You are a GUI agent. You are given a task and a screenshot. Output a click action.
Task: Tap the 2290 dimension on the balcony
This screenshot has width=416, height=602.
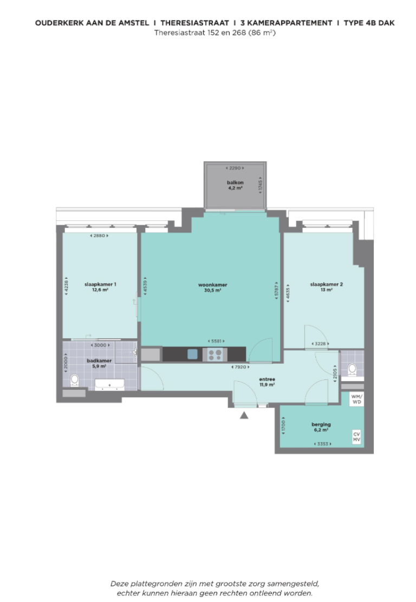(235, 168)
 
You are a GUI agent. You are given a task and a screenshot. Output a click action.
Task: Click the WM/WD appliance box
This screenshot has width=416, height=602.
(356, 400)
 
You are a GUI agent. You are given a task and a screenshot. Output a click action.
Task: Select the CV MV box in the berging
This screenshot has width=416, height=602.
(356, 437)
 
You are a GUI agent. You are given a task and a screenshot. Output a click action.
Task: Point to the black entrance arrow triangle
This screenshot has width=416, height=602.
(244, 416)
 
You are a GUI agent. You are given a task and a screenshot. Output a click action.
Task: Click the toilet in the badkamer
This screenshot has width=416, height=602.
(75, 380)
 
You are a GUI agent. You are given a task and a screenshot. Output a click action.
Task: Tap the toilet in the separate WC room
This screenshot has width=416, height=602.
(352, 369)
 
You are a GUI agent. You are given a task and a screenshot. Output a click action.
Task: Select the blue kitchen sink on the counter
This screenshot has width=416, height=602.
(192, 354)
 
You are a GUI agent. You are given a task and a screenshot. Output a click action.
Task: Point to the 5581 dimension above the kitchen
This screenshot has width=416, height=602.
(216, 341)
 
